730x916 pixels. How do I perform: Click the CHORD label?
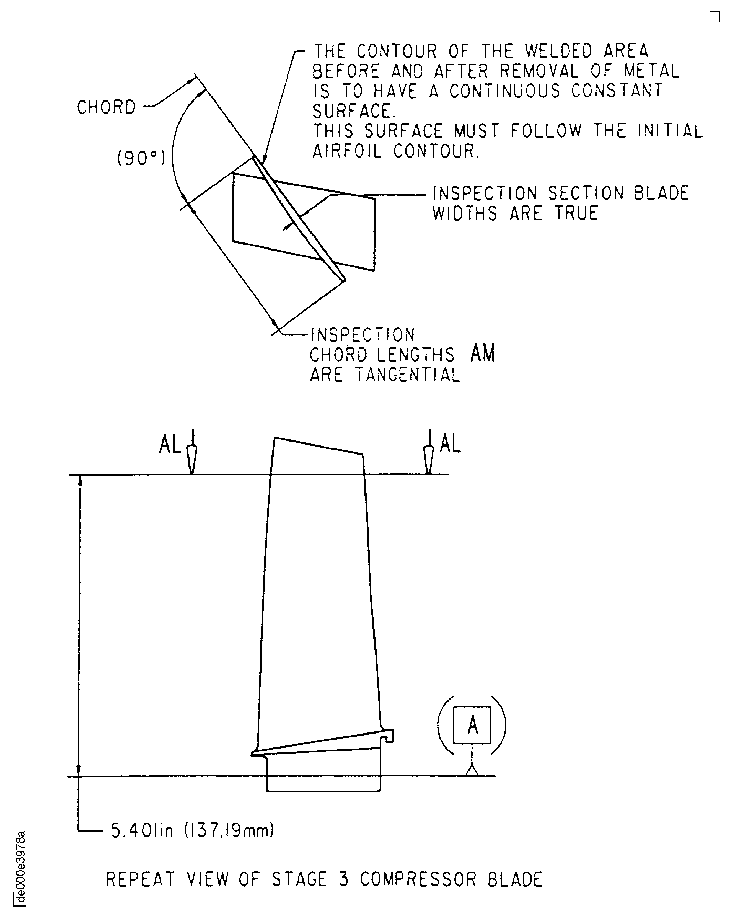point(106,107)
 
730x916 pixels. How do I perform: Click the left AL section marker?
point(170,445)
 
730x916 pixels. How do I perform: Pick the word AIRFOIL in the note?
point(347,151)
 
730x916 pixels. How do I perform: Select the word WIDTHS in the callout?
point(465,213)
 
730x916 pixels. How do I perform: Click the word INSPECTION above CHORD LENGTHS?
point(363,335)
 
